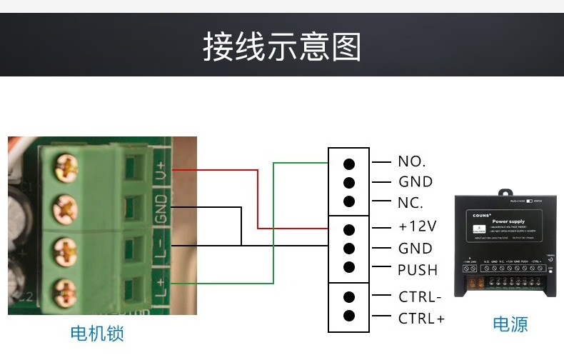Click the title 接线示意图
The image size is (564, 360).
click(282, 46)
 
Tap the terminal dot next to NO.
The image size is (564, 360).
click(349, 162)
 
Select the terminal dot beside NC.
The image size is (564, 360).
click(349, 202)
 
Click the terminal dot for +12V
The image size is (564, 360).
click(349, 229)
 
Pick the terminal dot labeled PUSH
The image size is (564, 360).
click(349, 269)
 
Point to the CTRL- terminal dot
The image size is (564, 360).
click(349, 296)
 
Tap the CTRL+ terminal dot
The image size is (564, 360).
click(349, 316)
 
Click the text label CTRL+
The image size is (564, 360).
click(421, 319)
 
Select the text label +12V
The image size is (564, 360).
click(417, 227)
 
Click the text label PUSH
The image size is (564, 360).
click(418, 270)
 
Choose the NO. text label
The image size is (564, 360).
click(412, 162)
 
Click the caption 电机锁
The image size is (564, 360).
click(102, 333)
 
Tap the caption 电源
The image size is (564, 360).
click(510, 324)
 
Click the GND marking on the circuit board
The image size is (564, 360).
click(161, 208)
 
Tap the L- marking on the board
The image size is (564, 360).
click(161, 247)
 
